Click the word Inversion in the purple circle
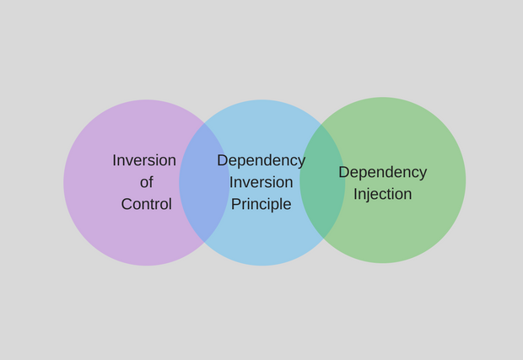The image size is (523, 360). [144, 160]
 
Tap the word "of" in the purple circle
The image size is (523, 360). [147, 182]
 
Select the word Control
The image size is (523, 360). [147, 204]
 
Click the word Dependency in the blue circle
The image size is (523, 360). [261, 162]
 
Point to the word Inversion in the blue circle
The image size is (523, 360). [261, 182]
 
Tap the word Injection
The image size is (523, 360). [383, 195]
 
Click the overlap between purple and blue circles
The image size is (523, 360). [204, 182]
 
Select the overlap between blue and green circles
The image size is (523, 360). [322, 181]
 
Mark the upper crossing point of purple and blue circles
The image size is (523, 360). [204, 123]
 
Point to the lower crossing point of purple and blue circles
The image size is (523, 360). [204, 242]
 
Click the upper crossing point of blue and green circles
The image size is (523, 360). [321, 124]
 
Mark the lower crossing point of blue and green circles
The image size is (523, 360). [323, 239]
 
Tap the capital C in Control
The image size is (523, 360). [127, 204]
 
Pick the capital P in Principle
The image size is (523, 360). [236, 204]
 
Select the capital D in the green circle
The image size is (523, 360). [344, 172]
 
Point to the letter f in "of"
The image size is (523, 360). [151, 182]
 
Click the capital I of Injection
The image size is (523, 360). [355, 194]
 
